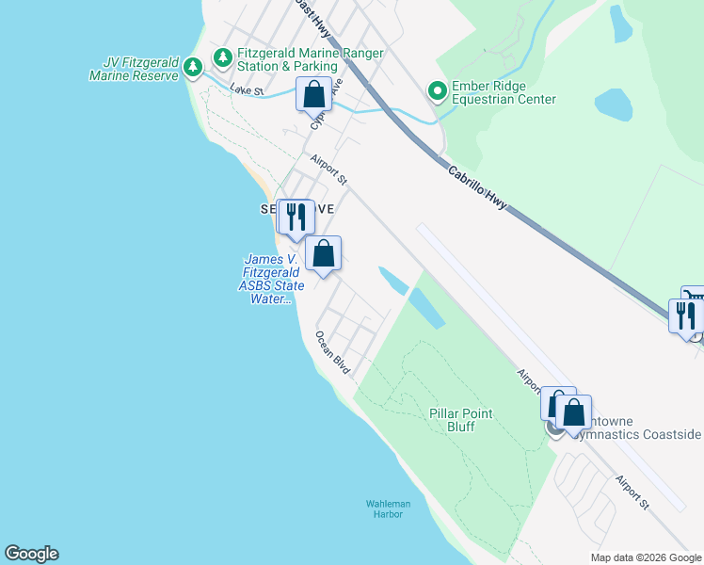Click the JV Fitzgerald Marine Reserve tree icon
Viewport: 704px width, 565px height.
[x=192, y=67]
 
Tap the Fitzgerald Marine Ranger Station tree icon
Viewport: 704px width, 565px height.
[x=222, y=58]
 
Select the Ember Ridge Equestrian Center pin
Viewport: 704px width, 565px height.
[x=437, y=91]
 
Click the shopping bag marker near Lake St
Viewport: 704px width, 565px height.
[x=313, y=94]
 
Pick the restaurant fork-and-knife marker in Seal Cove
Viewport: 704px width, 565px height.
[x=296, y=217]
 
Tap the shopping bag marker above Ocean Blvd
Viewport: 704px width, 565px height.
[x=323, y=252]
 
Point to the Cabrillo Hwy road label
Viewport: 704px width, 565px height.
[x=480, y=186]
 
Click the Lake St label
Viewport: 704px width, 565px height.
[x=247, y=91]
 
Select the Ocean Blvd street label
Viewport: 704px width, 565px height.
[x=332, y=352]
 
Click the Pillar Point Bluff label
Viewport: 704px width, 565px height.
[x=464, y=420]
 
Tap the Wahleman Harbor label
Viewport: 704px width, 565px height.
[x=389, y=508]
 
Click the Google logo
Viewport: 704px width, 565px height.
[x=31, y=554]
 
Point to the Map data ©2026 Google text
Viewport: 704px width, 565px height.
[x=645, y=557]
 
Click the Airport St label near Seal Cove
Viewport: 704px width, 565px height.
[x=328, y=170]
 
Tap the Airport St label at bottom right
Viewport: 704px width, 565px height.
[x=632, y=492]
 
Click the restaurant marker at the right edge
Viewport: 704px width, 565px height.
[x=685, y=315]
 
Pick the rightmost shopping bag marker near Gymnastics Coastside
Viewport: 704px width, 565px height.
[x=572, y=412]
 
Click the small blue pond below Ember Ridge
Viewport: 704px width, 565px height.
[x=613, y=104]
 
